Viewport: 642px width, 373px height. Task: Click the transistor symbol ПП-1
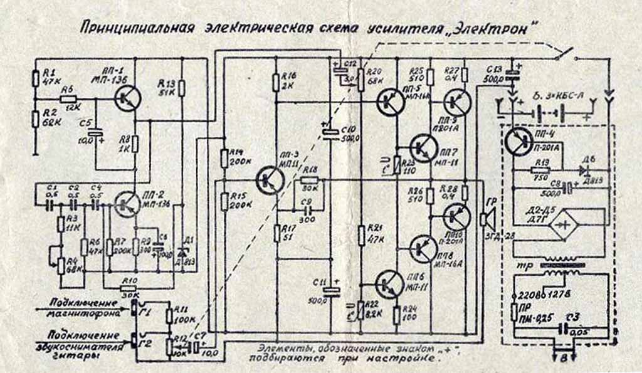(128, 97)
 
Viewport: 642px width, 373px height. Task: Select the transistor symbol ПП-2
(127, 204)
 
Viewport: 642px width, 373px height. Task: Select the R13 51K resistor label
(166, 88)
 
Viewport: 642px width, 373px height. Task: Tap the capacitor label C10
(348, 130)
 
